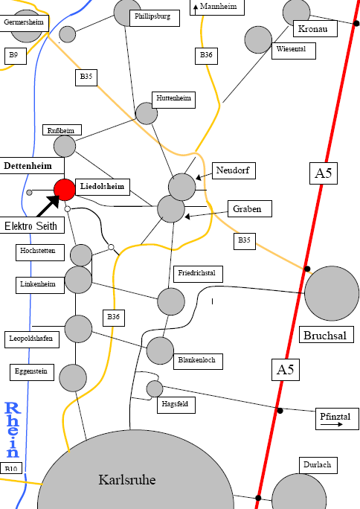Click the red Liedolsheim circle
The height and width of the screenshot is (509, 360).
(65, 190)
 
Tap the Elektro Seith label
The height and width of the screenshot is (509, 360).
(30, 225)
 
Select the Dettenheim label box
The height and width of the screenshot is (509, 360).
(31, 166)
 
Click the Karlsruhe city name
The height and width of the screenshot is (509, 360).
(127, 479)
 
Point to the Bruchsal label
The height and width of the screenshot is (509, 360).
(326, 335)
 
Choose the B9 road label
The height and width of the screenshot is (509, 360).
(15, 56)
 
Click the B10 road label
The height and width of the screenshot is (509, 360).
(11, 468)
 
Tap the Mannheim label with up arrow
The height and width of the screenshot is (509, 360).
(217, 7)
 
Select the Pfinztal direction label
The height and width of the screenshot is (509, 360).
(337, 419)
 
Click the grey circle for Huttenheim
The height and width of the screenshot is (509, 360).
(147, 113)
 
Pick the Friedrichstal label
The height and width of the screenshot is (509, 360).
(198, 275)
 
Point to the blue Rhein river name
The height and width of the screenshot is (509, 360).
(13, 429)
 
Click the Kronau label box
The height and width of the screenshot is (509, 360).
(315, 28)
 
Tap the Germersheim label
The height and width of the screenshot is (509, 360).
(24, 23)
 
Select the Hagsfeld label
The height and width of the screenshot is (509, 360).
(176, 405)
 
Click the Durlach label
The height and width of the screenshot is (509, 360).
(318, 466)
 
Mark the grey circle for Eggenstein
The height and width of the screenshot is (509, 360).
(73, 378)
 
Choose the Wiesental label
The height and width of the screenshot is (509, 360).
(294, 51)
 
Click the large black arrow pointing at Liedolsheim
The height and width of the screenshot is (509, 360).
(48, 205)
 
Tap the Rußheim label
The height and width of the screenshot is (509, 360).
(62, 129)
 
